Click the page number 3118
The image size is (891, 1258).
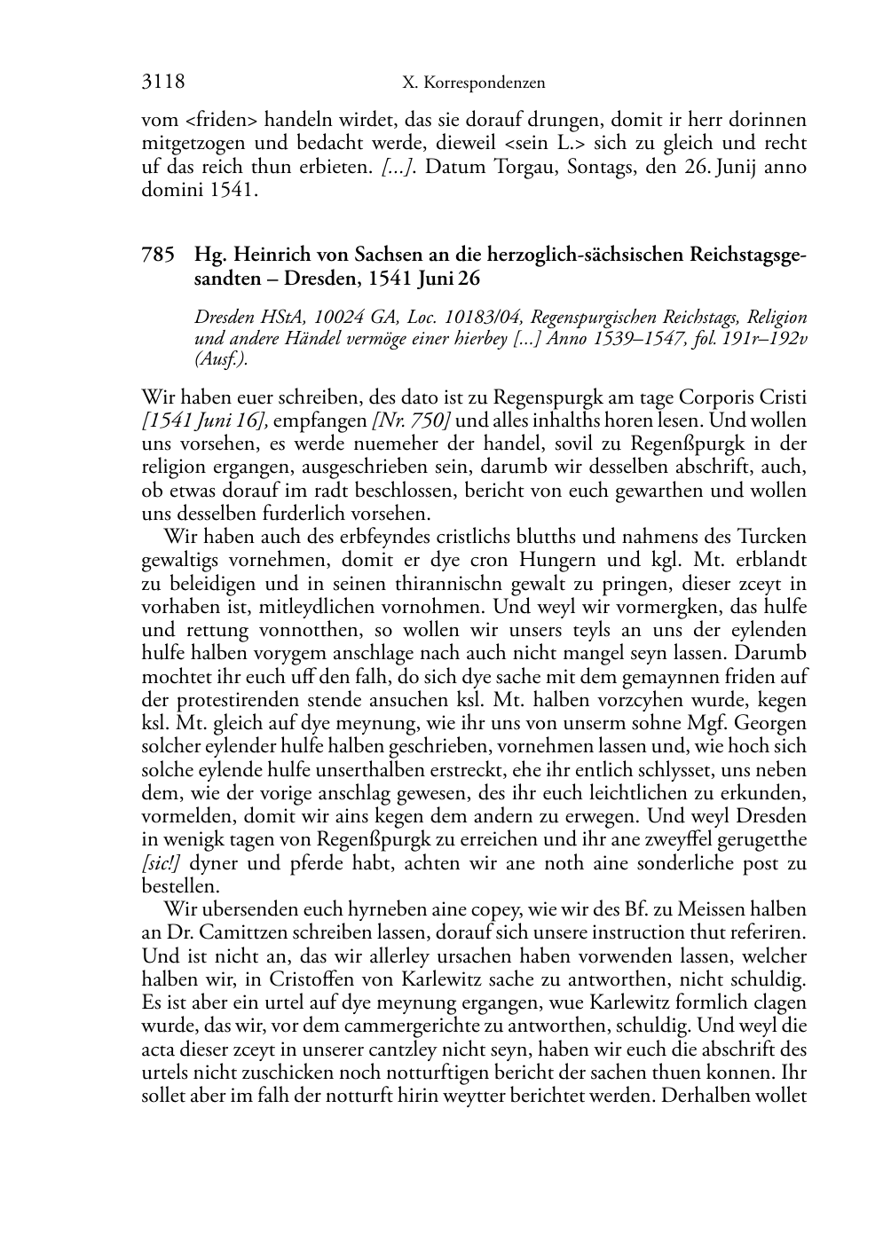coord(163,83)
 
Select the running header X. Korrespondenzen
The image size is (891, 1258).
coord(473,83)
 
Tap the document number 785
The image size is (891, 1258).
coord(157,256)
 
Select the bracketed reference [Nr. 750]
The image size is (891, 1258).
coord(412,421)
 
